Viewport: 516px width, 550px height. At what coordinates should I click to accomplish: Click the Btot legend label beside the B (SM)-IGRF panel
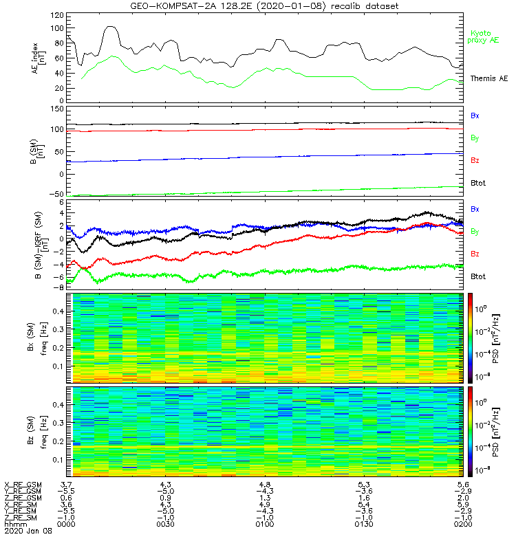[479, 276]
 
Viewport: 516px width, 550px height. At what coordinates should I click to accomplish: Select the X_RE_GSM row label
[23, 485]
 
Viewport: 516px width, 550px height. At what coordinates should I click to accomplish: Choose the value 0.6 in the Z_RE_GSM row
[66, 498]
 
